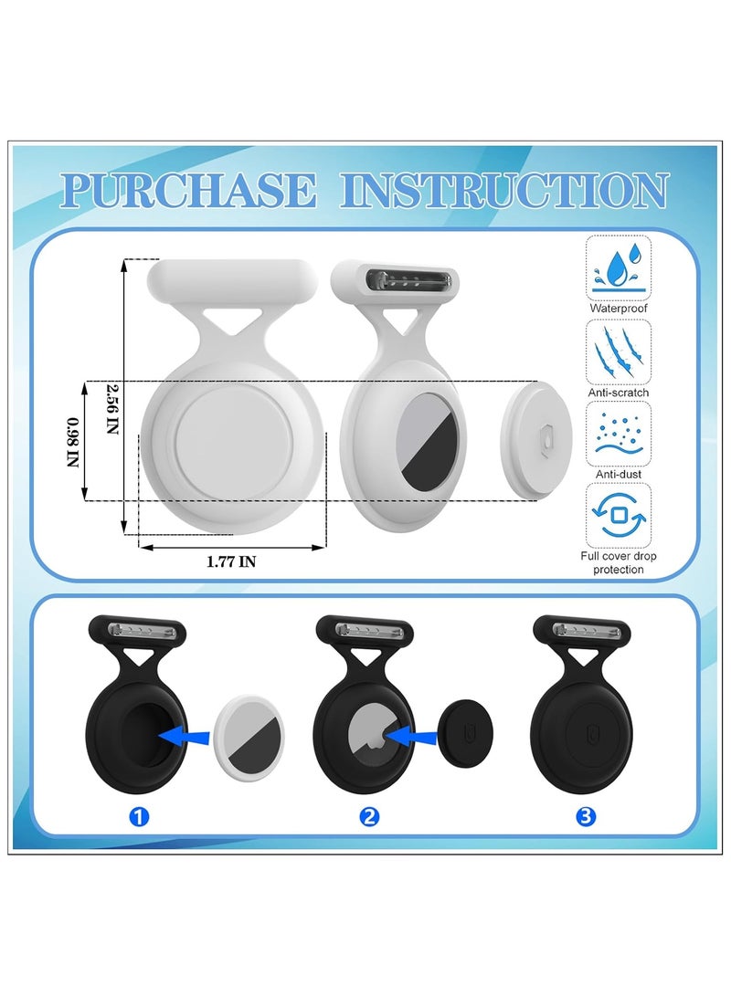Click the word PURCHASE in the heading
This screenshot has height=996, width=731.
[189, 191]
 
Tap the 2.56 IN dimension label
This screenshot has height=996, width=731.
[112, 408]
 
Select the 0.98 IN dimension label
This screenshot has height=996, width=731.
[73, 442]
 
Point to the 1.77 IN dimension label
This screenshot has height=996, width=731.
[231, 562]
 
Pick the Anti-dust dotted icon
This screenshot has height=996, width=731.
[618, 433]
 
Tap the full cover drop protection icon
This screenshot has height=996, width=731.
[618, 515]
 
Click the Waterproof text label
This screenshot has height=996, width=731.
[618, 309]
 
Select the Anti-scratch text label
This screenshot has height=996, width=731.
[618, 393]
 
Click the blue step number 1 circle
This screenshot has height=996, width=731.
[138, 817]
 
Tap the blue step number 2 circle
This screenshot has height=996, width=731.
[368, 817]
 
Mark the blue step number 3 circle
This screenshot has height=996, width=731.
[586, 817]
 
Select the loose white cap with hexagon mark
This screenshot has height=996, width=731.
[537, 439]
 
